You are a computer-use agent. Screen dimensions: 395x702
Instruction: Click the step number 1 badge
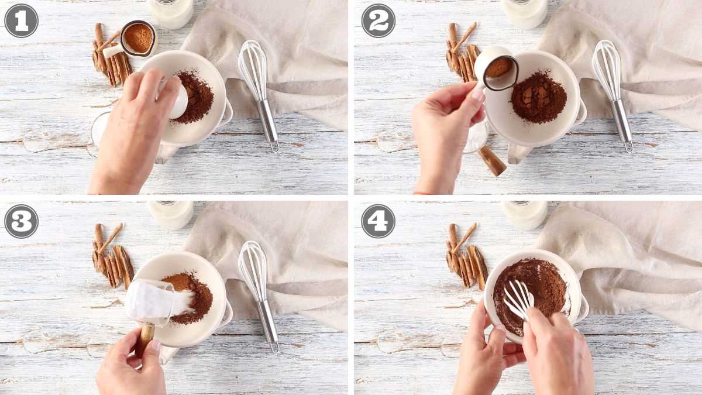pos(21,20)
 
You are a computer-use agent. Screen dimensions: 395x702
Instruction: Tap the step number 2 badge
pos(378,20)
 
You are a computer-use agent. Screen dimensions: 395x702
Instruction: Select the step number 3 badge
pos(21,221)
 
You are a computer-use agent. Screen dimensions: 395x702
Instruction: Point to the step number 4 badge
pos(378,221)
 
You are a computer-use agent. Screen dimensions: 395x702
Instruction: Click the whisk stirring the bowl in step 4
pos(518,298)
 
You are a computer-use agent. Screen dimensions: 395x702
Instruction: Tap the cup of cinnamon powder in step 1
pos(138,39)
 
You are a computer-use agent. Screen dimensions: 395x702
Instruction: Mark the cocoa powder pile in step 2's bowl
pos(538,97)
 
